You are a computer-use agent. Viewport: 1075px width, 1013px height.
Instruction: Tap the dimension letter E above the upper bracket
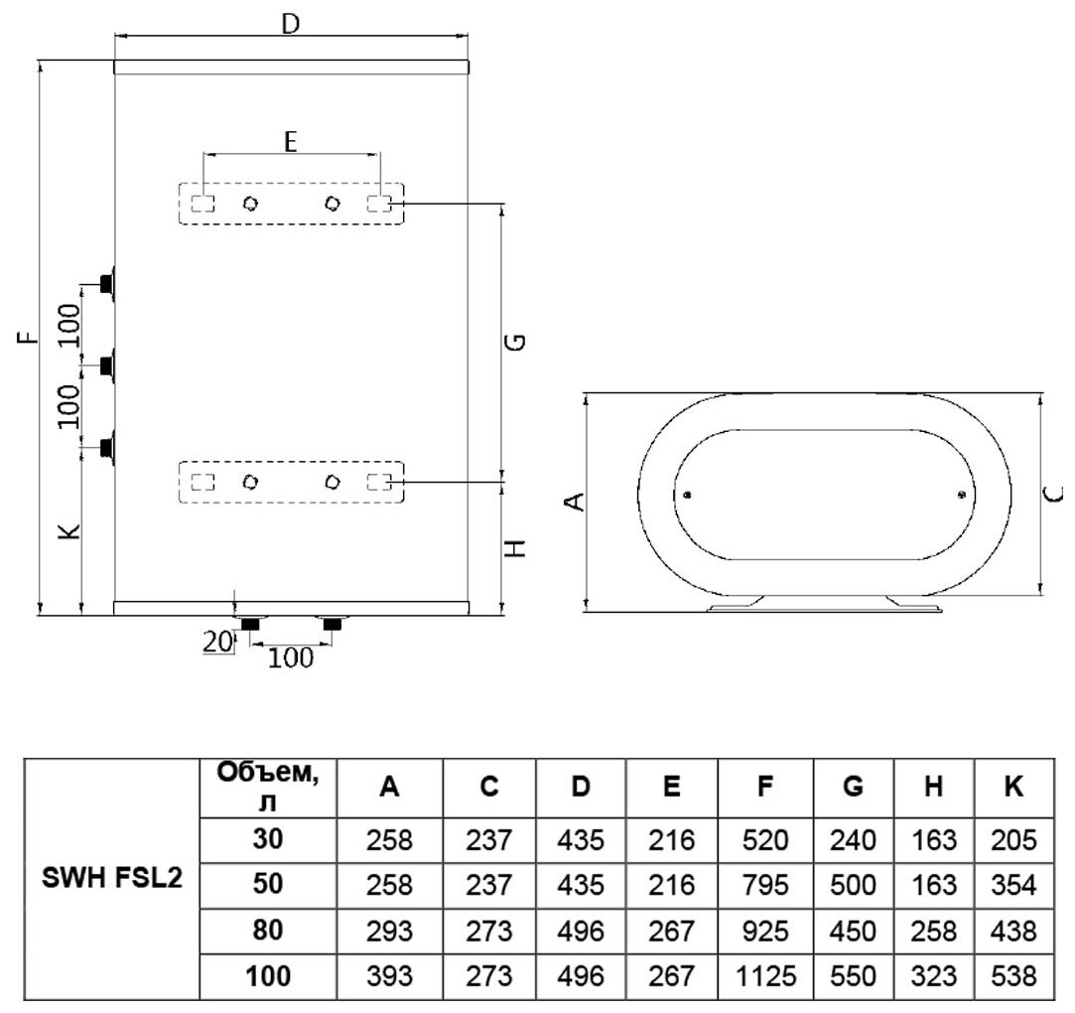[290, 142]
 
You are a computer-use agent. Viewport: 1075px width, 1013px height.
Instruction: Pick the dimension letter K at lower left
[68, 533]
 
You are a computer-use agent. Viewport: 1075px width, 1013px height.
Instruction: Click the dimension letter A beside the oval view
[573, 504]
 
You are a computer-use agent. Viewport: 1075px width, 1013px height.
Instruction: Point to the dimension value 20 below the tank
[216, 643]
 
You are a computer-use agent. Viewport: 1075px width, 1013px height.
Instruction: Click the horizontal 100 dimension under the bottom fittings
[290, 657]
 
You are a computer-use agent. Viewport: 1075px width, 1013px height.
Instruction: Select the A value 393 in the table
[390, 976]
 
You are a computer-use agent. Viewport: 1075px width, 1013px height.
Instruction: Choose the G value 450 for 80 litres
[853, 932]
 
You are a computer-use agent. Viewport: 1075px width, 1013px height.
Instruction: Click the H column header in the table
[933, 788]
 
